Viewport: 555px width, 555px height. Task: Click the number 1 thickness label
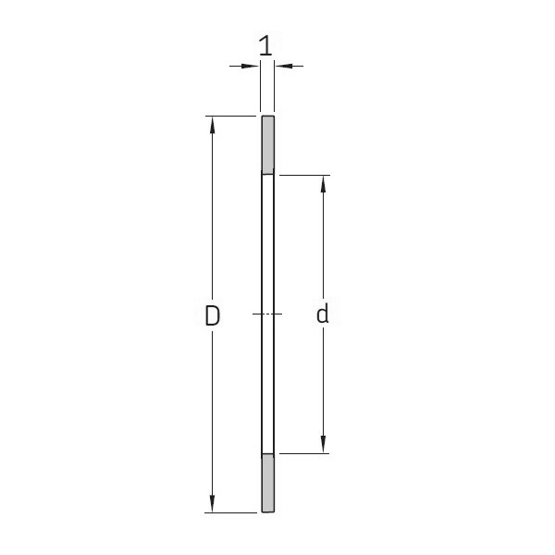point(266,45)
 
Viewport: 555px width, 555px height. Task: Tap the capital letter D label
point(213,315)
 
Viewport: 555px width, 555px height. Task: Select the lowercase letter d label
point(322,315)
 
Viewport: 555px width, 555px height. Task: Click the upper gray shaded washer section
point(267,145)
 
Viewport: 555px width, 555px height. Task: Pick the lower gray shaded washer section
point(267,483)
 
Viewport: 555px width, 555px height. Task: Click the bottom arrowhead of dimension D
point(213,505)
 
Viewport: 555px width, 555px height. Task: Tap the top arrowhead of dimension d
point(322,182)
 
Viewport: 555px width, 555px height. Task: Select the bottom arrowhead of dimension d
point(322,447)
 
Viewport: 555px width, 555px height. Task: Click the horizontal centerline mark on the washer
point(267,315)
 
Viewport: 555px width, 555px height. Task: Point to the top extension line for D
point(231,116)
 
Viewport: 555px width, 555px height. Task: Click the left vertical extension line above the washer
point(260,88)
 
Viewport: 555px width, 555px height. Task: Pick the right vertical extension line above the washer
point(275,88)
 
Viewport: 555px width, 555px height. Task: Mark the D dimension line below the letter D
point(213,416)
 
